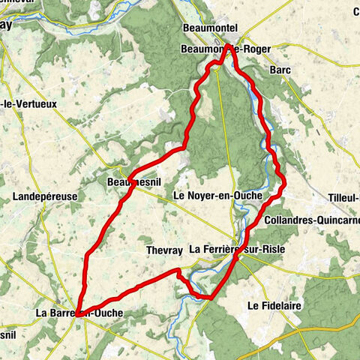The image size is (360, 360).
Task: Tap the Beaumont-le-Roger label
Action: click(225, 49)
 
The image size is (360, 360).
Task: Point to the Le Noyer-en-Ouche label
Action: click(217, 195)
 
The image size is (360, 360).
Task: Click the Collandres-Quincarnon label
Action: click(311, 221)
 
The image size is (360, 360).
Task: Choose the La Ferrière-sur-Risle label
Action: click(237, 248)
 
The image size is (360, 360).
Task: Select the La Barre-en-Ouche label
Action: click(78, 313)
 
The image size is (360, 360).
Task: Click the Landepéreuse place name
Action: click(42, 196)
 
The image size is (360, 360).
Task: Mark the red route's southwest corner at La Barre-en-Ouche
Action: click(78, 316)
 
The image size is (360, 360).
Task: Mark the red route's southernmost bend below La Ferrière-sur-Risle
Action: click(208, 297)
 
